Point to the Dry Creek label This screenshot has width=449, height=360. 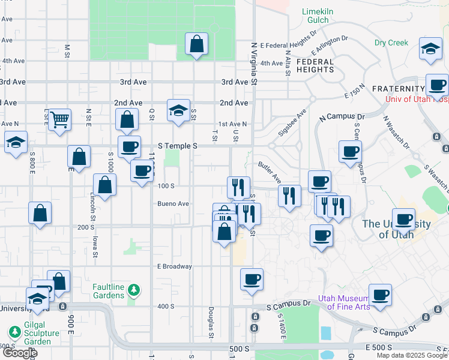391,43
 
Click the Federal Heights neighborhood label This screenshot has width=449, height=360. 315,65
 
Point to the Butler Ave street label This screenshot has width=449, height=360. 270,170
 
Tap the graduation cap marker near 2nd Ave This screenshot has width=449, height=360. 178,111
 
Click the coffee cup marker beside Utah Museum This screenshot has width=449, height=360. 380,296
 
